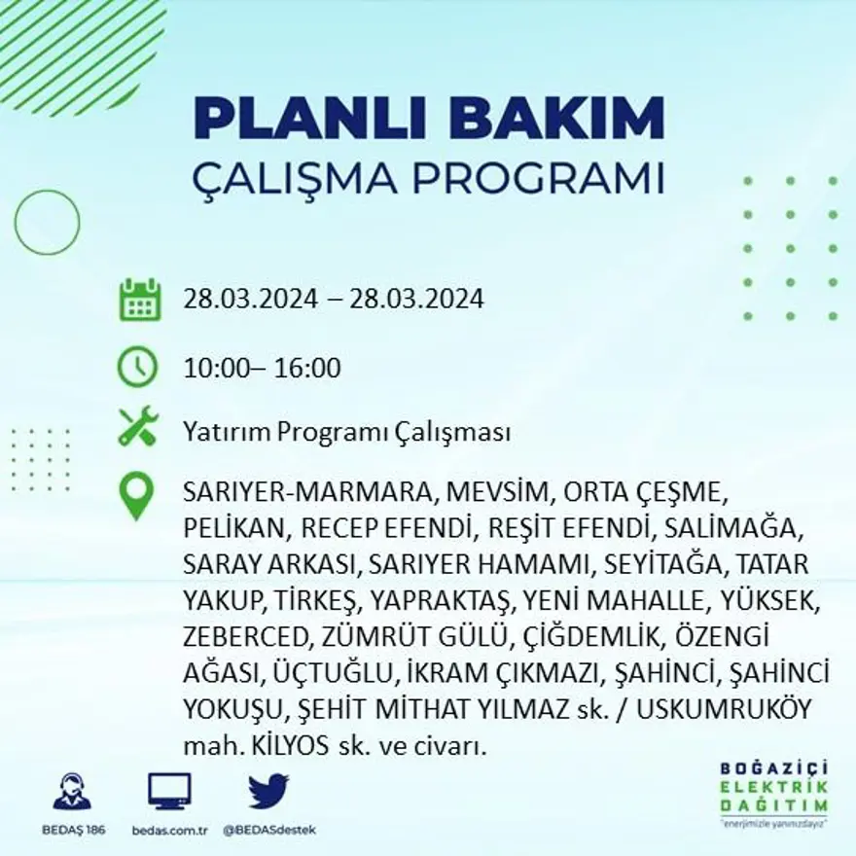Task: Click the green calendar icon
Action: pos(139,300)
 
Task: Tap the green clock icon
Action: pos(137,368)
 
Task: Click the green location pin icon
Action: pos(136,495)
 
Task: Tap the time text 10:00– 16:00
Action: pos(263,369)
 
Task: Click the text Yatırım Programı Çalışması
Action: pos(346,433)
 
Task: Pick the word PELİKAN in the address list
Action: pos(234,528)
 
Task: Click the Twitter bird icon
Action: pos(268,791)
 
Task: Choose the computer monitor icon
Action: pos(170,791)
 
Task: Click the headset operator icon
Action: pos(72,792)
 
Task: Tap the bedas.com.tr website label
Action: pos(170,830)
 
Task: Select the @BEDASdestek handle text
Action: pos(269,830)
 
